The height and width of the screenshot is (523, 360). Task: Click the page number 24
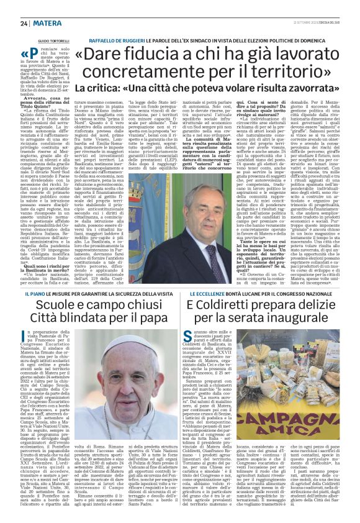tap(8, 7)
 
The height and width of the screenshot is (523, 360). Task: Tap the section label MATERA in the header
tap(29, 7)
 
